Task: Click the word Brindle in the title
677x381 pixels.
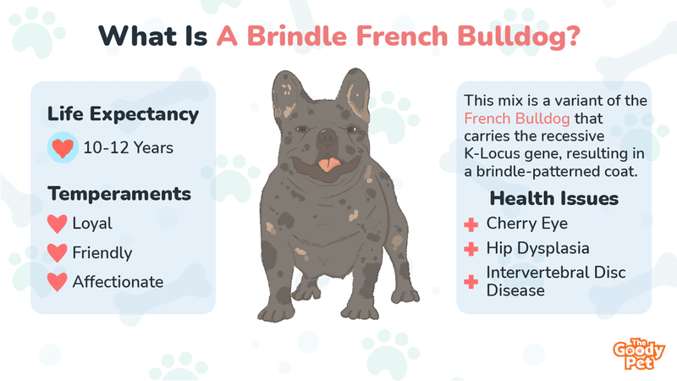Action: [297, 36]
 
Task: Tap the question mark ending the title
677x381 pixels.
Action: [573, 36]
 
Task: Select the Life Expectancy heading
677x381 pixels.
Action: [123, 115]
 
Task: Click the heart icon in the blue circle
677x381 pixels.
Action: [63, 147]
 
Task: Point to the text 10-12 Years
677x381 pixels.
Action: [129, 147]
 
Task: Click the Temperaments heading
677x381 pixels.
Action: [119, 194]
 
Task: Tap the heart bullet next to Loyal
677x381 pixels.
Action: [57, 224]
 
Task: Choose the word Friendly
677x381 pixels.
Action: [102, 252]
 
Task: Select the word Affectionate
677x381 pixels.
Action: [118, 282]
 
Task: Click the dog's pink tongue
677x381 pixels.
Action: [329, 164]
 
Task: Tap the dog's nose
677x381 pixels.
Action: [327, 137]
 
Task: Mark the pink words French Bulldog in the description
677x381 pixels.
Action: [517, 119]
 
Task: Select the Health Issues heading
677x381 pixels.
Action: [554, 199]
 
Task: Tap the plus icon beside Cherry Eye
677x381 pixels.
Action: [471, 224]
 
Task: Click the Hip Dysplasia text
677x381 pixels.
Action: [538, 248]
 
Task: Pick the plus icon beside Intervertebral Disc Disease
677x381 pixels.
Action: [471, 282]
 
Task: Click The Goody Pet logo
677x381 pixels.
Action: [638, 354]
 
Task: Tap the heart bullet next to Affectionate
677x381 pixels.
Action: [57, 282]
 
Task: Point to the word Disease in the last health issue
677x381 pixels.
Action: [515, 290]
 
